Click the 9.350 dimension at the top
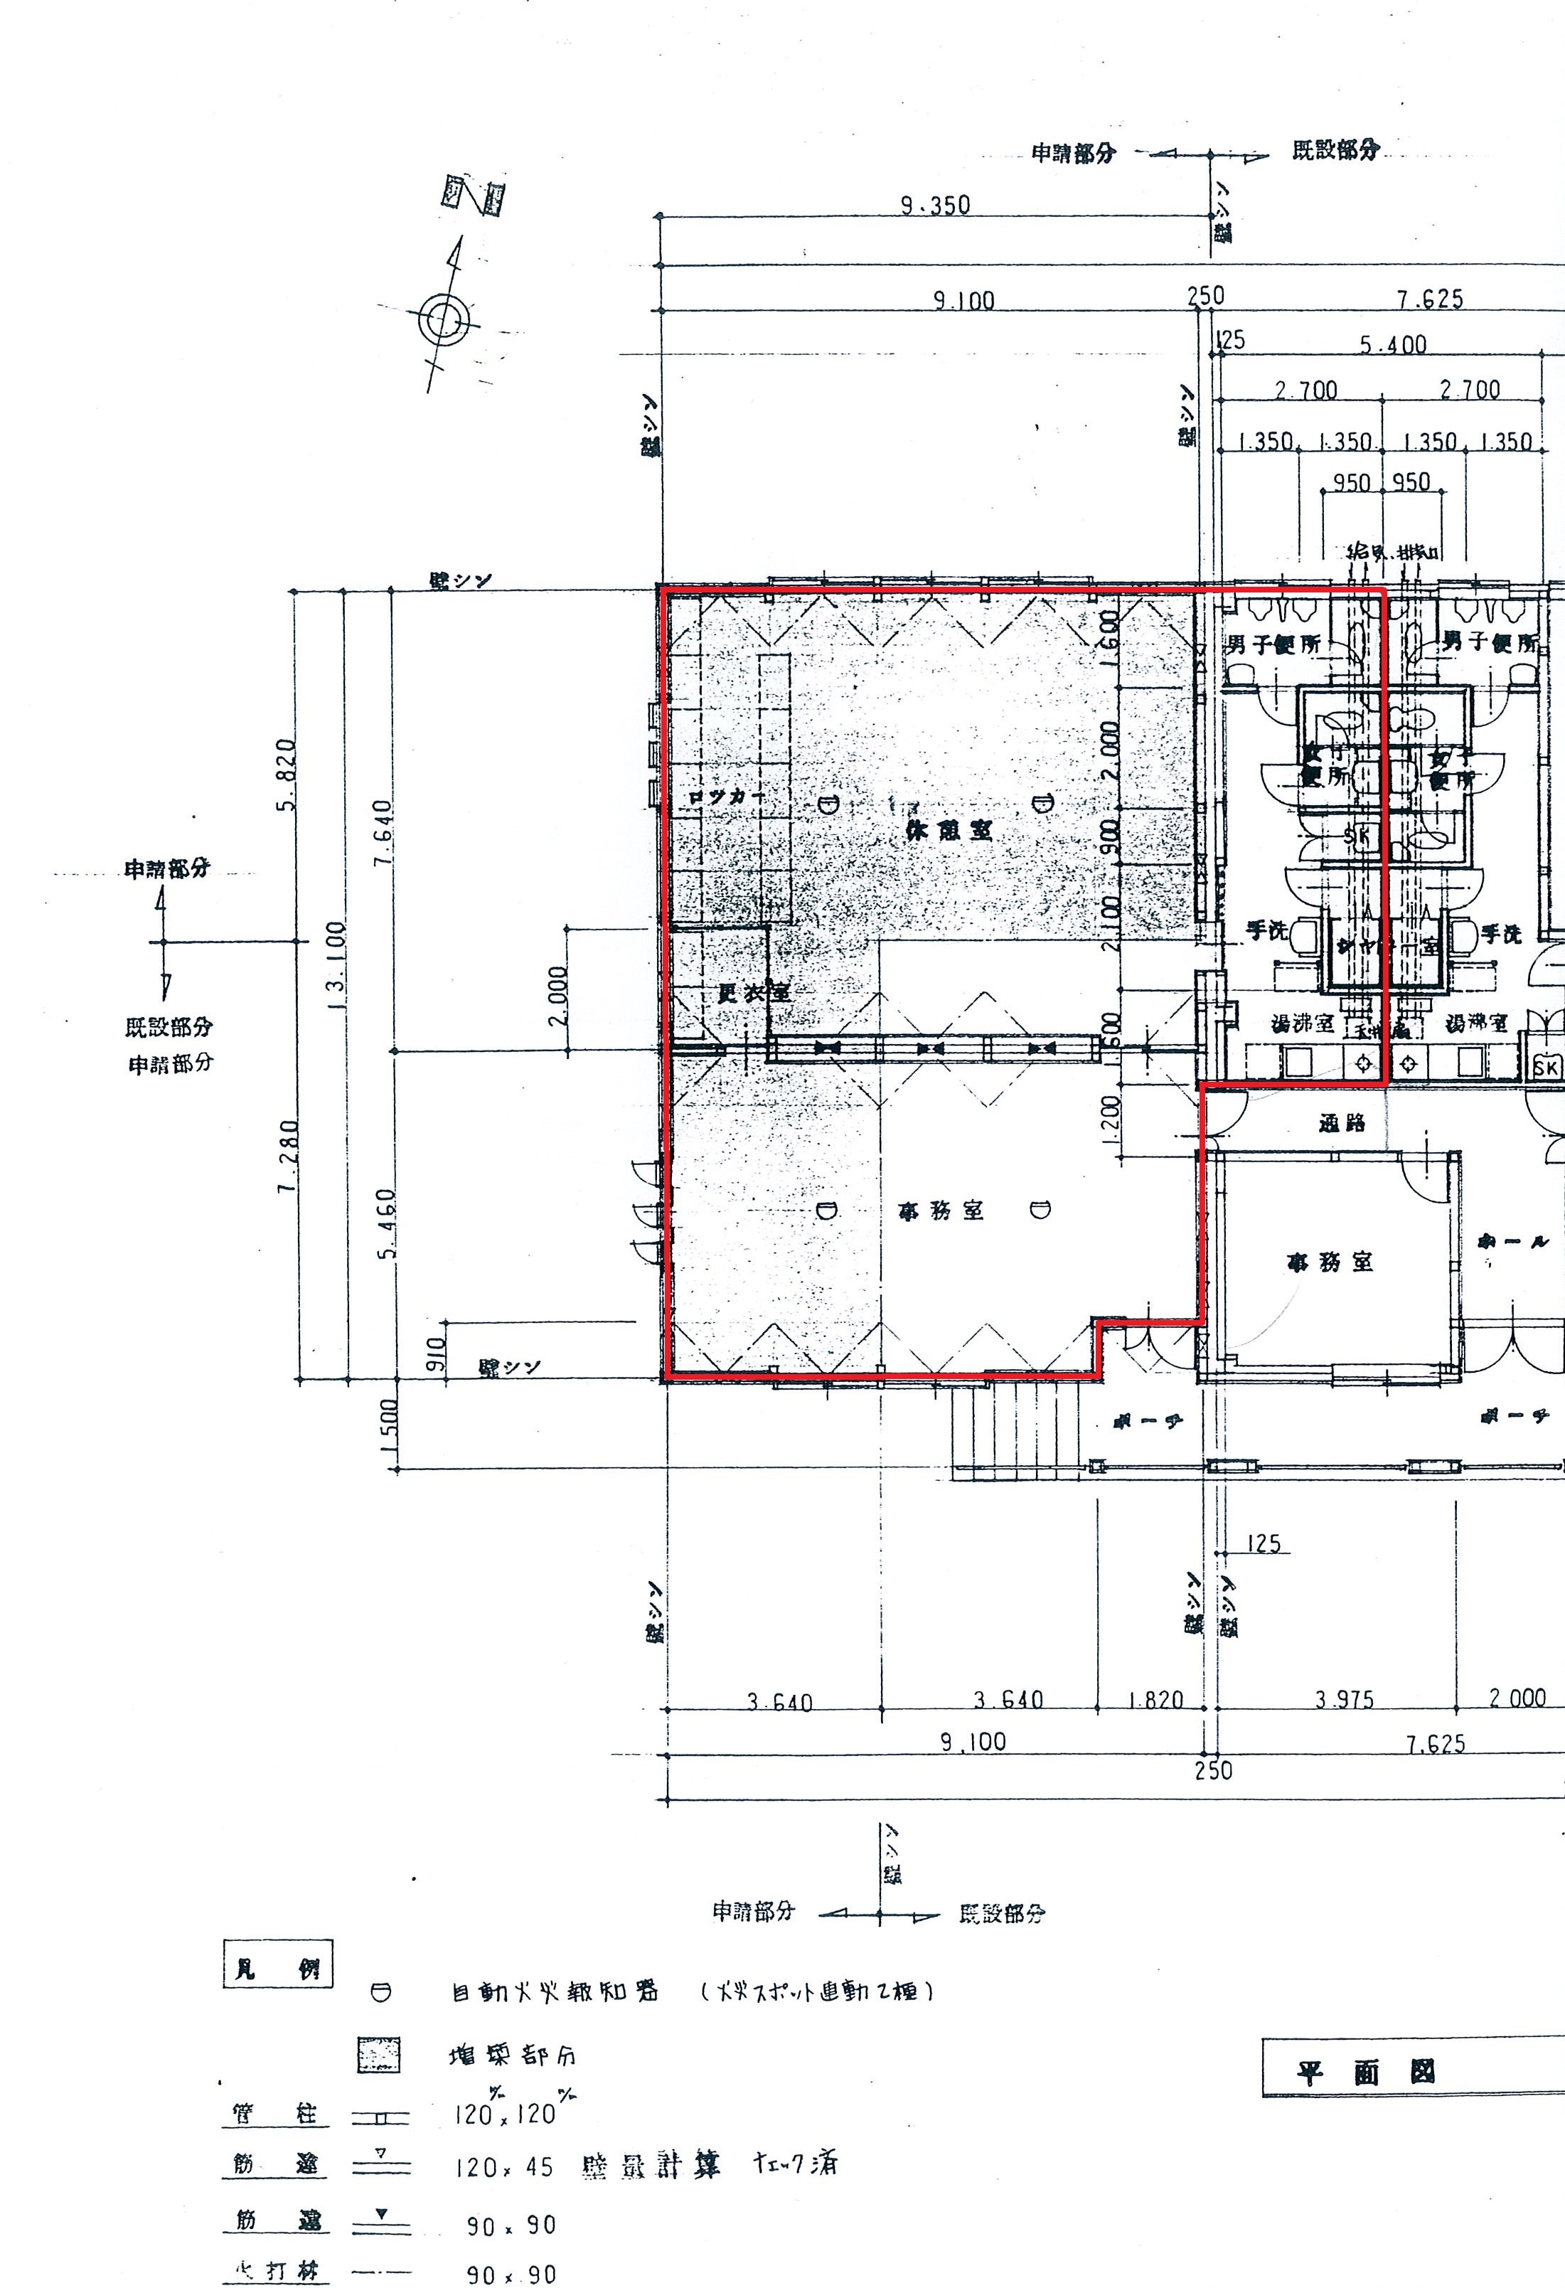935,205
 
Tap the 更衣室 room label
754,992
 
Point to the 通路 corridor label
1342,1123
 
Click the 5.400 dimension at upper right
1393,344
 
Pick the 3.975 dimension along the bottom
1344,1699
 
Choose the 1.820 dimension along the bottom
1155,1699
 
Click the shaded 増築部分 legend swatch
379,2055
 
